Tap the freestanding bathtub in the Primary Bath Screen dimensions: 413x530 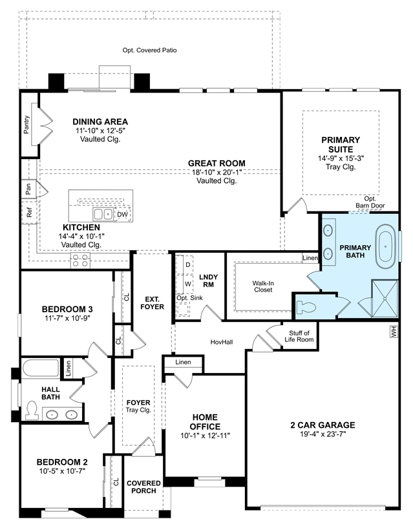385,249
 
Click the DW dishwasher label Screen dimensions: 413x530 122,215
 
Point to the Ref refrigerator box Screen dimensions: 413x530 29,212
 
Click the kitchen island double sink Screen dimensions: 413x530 103,215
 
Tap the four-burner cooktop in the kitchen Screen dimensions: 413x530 80,260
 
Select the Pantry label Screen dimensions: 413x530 26,125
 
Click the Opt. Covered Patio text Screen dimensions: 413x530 150,50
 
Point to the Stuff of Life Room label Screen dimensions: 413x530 299,336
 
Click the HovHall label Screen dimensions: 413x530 222,342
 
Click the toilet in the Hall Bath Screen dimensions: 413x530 32,410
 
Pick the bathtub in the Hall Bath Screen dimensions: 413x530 41,368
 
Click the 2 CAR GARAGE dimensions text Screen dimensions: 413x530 323,434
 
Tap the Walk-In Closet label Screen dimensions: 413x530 263,286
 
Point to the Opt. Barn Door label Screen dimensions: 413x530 370,202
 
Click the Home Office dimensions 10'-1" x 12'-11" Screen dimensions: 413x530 205,436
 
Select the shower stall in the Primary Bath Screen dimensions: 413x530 385,299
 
